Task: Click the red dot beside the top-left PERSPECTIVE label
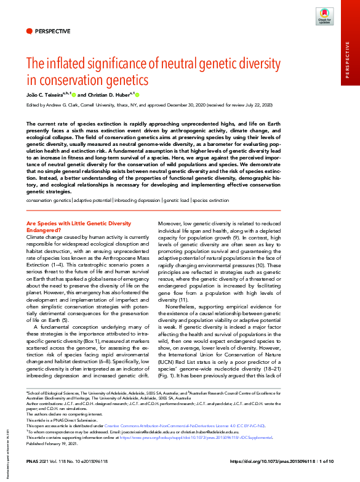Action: (x=29, y=31)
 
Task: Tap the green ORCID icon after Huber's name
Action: (x=137, y=95)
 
